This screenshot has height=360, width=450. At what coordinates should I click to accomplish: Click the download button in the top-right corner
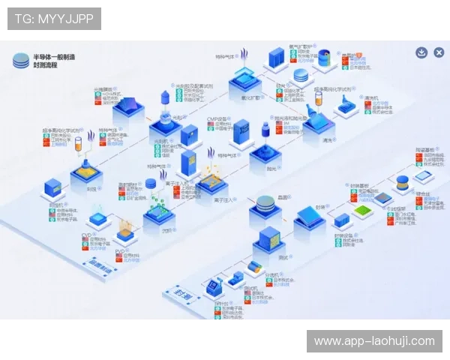421,52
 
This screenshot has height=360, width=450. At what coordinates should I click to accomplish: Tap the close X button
439,52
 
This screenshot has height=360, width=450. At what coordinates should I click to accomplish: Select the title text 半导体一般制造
54,57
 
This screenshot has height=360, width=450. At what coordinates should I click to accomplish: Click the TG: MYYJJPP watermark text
54,19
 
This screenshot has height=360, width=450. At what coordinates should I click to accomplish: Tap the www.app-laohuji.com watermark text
374,341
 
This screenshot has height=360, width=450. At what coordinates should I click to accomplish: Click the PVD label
119,252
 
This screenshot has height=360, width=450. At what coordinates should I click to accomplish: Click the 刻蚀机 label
55,203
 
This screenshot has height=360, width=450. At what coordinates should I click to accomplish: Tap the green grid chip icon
363,211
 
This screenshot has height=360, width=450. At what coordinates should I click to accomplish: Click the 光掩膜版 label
103,88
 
